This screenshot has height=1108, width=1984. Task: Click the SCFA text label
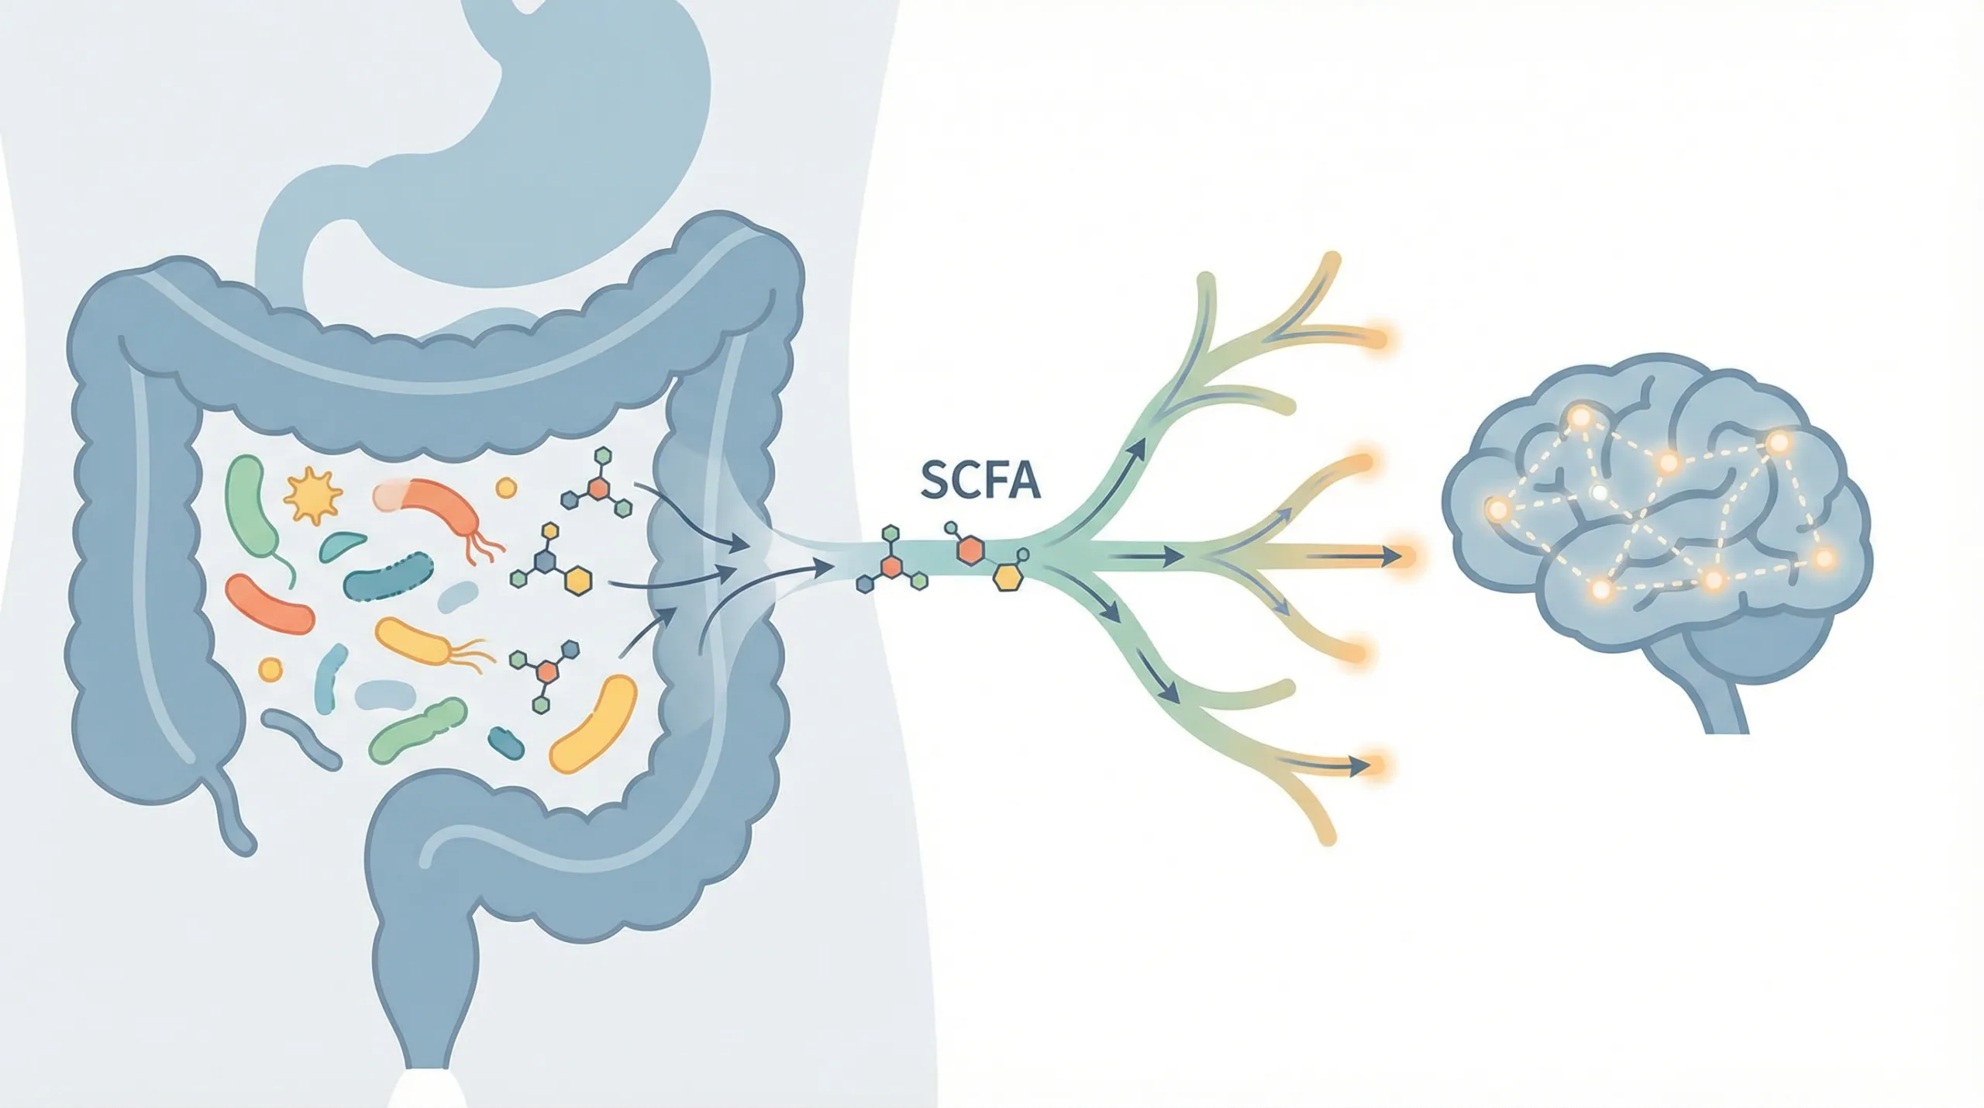coord(980,480)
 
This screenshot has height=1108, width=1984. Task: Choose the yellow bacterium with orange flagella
coord(415,641)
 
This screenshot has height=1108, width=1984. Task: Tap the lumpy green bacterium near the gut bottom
coord(418,730)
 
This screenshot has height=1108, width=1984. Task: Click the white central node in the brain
coord(1597,492)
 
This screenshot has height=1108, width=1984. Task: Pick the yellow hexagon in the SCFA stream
coord(1007,578)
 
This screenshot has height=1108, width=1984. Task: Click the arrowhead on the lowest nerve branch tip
coord(1356,767)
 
